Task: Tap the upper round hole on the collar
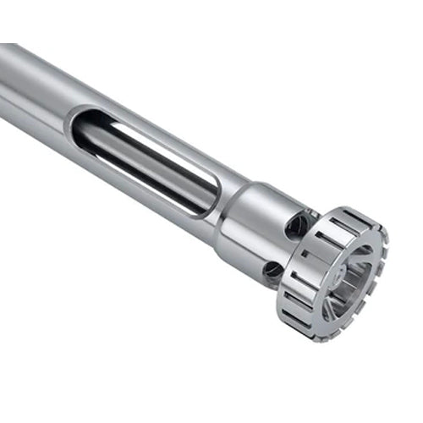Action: coord(297,224)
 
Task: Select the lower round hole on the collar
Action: coord(273,269)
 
